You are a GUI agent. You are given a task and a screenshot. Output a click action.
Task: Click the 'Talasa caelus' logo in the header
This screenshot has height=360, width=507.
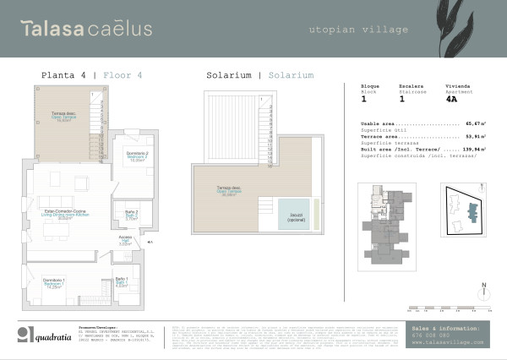coord(87,29)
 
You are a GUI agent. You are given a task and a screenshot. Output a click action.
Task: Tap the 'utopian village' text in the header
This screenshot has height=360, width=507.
coord(357,30)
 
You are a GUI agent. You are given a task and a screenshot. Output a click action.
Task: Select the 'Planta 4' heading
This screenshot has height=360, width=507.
coord(63,75)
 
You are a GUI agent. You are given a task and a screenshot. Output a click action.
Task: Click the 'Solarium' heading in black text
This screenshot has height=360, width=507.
coord(226,75)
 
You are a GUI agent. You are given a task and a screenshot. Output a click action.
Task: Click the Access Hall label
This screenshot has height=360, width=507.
coord(126,243)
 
